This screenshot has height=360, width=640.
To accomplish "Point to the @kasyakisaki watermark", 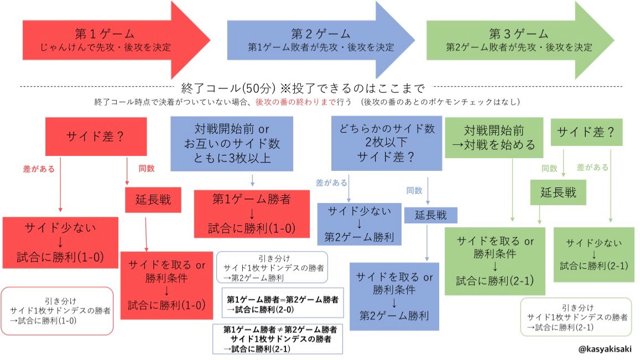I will pyautogui.click(x=603, y=348).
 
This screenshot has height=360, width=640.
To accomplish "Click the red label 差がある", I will pyautogui.click(x=39, y=169).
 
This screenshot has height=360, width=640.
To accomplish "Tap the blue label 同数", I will pyautogui.click(x=414, y=190).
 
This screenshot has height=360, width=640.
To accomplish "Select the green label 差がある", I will pyautogui.click(x=592, y=167).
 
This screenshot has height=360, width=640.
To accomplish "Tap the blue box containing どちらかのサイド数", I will pyautogui.click(x=387, y=143).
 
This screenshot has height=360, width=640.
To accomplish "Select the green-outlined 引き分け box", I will pyautogui.click(x=576, y=317).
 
